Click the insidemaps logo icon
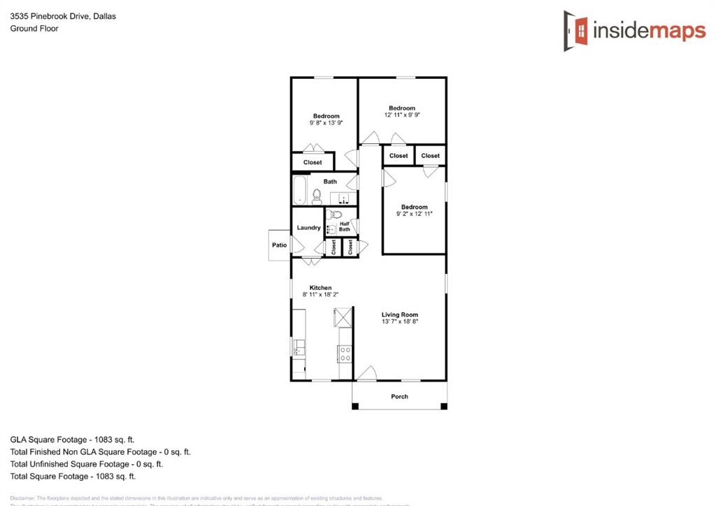click(x=576, y=30)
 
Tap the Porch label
click(x=399, y=396)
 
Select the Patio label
click(x=280, y=245)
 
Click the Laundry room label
click(x=308, y=228)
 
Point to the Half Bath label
click(x=345, y=226)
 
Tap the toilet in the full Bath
click(x=316, y=196)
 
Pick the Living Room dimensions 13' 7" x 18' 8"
click(x=399, y=322)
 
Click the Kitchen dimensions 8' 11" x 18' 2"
click(x=321, y=295)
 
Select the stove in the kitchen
click(x=345, y=354)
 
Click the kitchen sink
click(x=299, y=346)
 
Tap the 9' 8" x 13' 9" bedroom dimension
click(x=326, y=123)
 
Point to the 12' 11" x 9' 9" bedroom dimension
click(x=402, y=115)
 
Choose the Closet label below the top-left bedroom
click(x=313, y=162)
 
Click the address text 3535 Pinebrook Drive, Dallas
click(x=63, y=16)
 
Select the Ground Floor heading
click(x=34, y=29)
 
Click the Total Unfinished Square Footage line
click(x=87, y=464)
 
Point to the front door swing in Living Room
click(x=364, y=374)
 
